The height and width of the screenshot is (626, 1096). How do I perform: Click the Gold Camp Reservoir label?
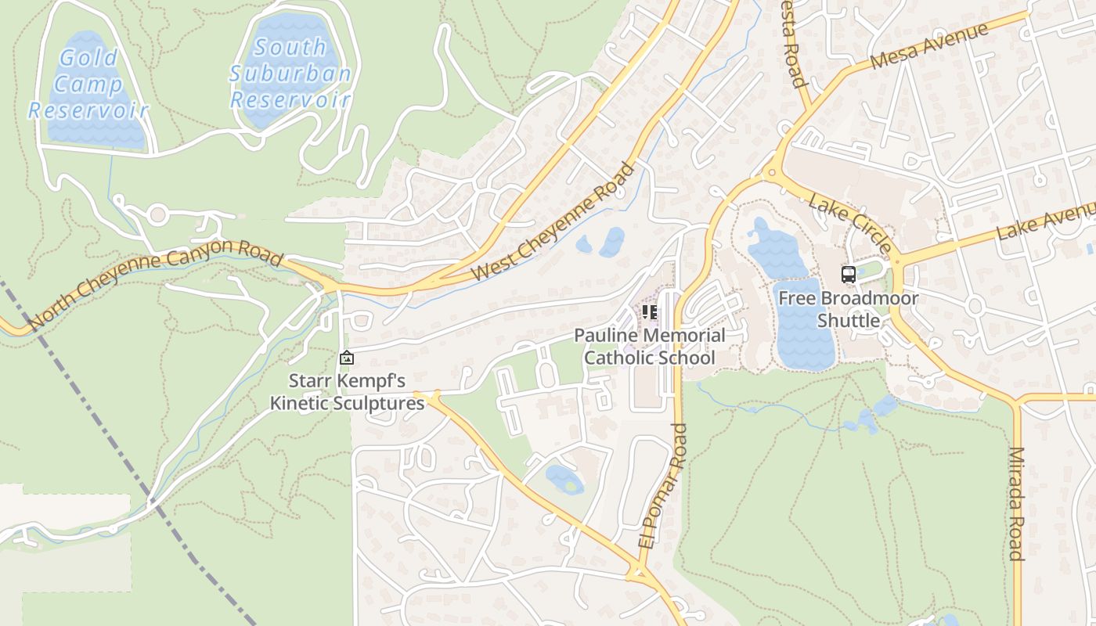tap(88, 84)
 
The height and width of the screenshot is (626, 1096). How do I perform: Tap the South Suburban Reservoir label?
tap(290, 74)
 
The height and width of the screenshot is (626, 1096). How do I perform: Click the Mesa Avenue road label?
tap(928, 46)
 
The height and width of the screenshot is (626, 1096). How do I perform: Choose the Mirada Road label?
tap(1016, 503)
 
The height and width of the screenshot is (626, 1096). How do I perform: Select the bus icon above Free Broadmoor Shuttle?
tap(849, 274)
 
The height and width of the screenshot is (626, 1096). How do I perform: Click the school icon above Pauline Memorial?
tap(649, 312)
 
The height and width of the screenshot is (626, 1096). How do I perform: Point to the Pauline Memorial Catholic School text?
tap(649, 347)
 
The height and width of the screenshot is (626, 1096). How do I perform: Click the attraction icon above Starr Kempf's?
tap(346, 358)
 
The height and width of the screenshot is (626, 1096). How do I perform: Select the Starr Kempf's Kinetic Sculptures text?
tap(347, 392)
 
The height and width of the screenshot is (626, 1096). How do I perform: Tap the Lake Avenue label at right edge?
tap(1045, 222)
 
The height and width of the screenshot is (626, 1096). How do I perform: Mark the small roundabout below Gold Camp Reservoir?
tap(159, 214)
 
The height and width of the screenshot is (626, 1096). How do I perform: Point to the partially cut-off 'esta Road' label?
tap(791, 42)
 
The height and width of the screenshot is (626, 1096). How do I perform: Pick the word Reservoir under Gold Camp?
tap(88, 110)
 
